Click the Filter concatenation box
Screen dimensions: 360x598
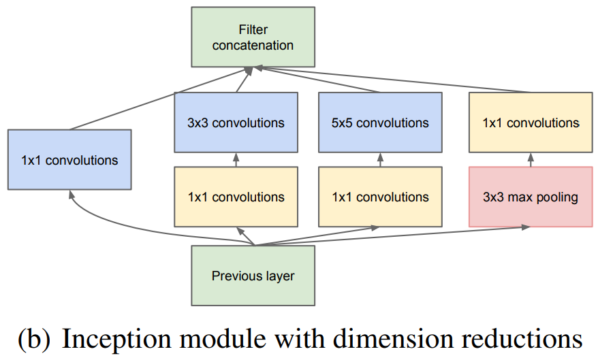tap(253, 37)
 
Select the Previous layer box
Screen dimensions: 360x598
tap(253, 276)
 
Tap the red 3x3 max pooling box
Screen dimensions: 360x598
tap(530, 197)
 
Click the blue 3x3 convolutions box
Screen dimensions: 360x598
tap(236, 122)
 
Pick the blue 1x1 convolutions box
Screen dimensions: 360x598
tap(69, 160)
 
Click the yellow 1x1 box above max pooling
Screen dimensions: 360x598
tap(530, 122)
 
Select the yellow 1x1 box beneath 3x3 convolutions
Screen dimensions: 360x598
tap(236, 197)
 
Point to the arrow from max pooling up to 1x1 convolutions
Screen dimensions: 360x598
tap(530, 161)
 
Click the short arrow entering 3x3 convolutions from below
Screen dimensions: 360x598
tap(236, 161)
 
